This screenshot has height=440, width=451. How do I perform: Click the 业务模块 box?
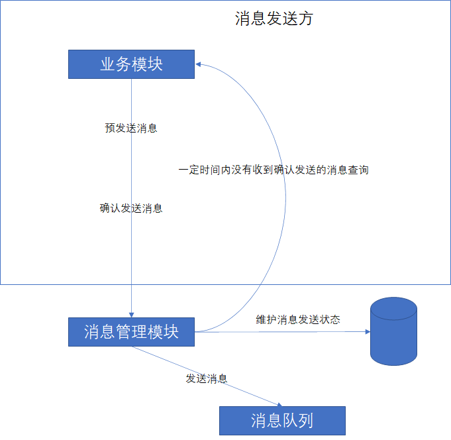click(x=131, y=64)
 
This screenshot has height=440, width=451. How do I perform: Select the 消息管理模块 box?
click(x=132, y=331)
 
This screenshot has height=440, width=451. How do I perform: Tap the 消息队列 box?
click(x=282, y=420)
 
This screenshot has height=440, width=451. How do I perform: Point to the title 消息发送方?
click(x=274, y=19)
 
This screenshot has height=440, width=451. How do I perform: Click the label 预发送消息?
click(x=131, y=128)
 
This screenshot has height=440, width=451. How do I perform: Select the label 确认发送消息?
click(x=131, y=208)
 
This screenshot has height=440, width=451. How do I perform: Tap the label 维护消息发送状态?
click(x=298, y=319)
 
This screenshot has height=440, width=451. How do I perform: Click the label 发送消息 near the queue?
click(x=207, y=379)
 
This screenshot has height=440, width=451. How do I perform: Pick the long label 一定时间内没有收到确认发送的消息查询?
click(x=273, y=170)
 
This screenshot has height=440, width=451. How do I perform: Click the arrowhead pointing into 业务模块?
click(x=199, y=64)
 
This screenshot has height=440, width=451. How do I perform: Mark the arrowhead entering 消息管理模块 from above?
click(x=132, y=314)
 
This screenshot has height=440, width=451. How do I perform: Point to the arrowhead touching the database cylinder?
click(x=366, y=331)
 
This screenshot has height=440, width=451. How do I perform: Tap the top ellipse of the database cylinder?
click(x=393, y=309)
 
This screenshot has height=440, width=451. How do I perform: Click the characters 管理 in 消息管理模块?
click(x=132, y=331)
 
